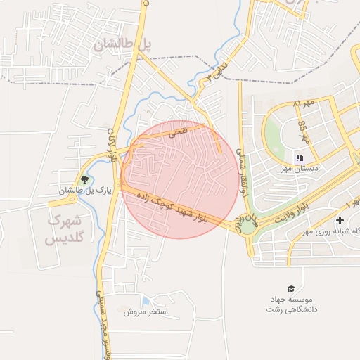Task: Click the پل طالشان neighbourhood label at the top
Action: point(123,44)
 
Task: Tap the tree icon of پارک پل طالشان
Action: point(85,179)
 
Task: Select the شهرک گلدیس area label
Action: point(64,230)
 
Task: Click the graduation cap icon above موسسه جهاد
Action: point(291,289)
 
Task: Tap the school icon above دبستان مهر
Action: point(300,157)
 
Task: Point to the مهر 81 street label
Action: point(304,105)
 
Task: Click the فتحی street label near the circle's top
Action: point(179,131)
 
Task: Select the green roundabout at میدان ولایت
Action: point(248,225)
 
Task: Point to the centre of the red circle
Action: point(179,179)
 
